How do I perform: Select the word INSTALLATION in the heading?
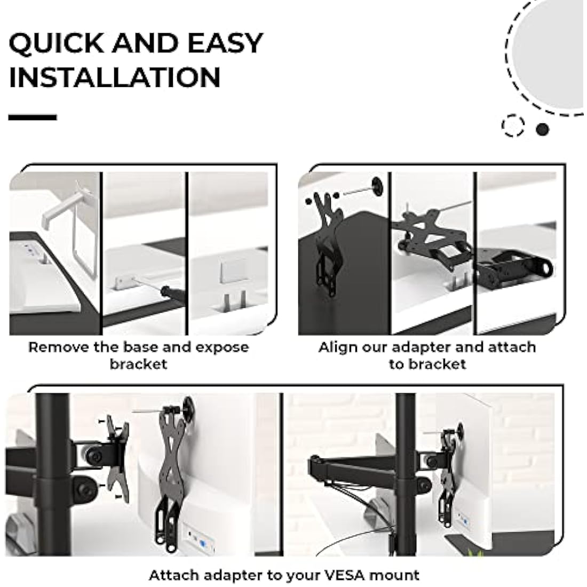(115, 77)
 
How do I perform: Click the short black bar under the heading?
(33, 117)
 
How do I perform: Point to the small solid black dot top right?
(542, 129)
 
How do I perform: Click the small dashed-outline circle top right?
(513, 125)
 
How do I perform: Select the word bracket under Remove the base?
(138, 364)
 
